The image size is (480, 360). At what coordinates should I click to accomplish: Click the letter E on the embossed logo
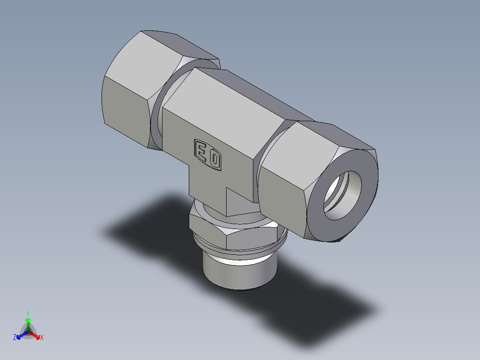201,152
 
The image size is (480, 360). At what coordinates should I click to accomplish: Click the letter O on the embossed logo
215,159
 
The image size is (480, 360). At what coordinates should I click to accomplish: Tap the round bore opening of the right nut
342,196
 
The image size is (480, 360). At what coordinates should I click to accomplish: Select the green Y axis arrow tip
28,320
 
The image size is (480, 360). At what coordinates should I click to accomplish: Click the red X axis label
42,337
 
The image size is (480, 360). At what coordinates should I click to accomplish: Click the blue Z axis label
15,337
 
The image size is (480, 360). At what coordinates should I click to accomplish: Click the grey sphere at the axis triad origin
28,332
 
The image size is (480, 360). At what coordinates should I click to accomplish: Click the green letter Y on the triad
28,313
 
